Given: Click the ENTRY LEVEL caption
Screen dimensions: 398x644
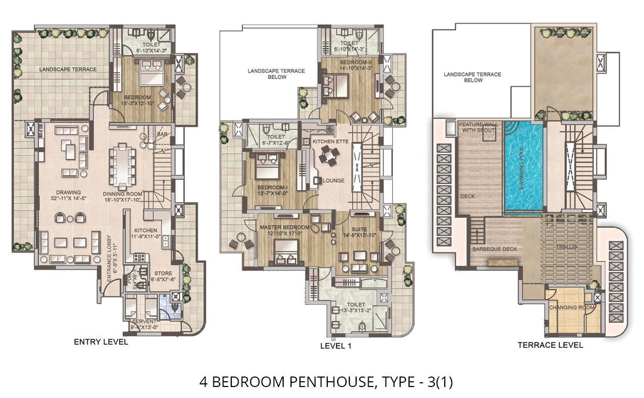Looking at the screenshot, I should (x=101, y=342).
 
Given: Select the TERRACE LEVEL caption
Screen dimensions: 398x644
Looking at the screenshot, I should (x=550, y=345).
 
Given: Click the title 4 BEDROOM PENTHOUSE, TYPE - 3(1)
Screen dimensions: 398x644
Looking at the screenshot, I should (x=326, y=382).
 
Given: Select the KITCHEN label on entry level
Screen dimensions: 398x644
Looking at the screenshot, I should (x=145, y=230).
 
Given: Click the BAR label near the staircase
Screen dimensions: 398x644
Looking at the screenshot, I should (x=163, y=135).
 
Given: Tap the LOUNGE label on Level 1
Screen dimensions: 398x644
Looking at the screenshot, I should (x=334, y=181).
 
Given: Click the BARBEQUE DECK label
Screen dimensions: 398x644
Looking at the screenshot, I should (x=494, y=249).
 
